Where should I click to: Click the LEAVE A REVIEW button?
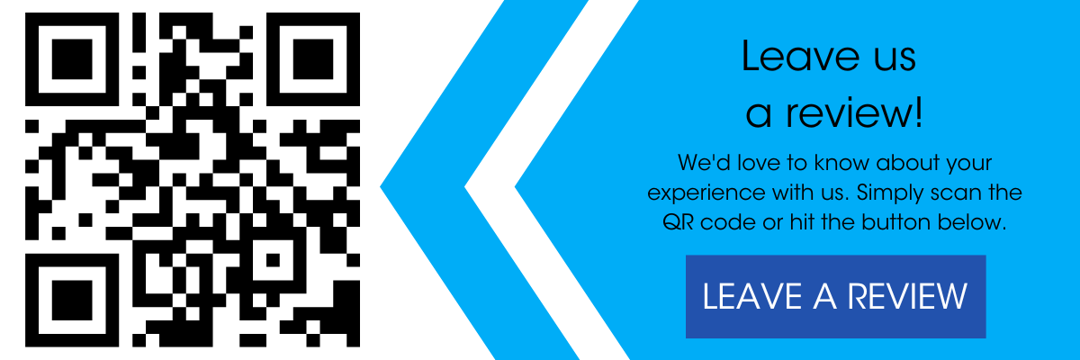tap(835, 296)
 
